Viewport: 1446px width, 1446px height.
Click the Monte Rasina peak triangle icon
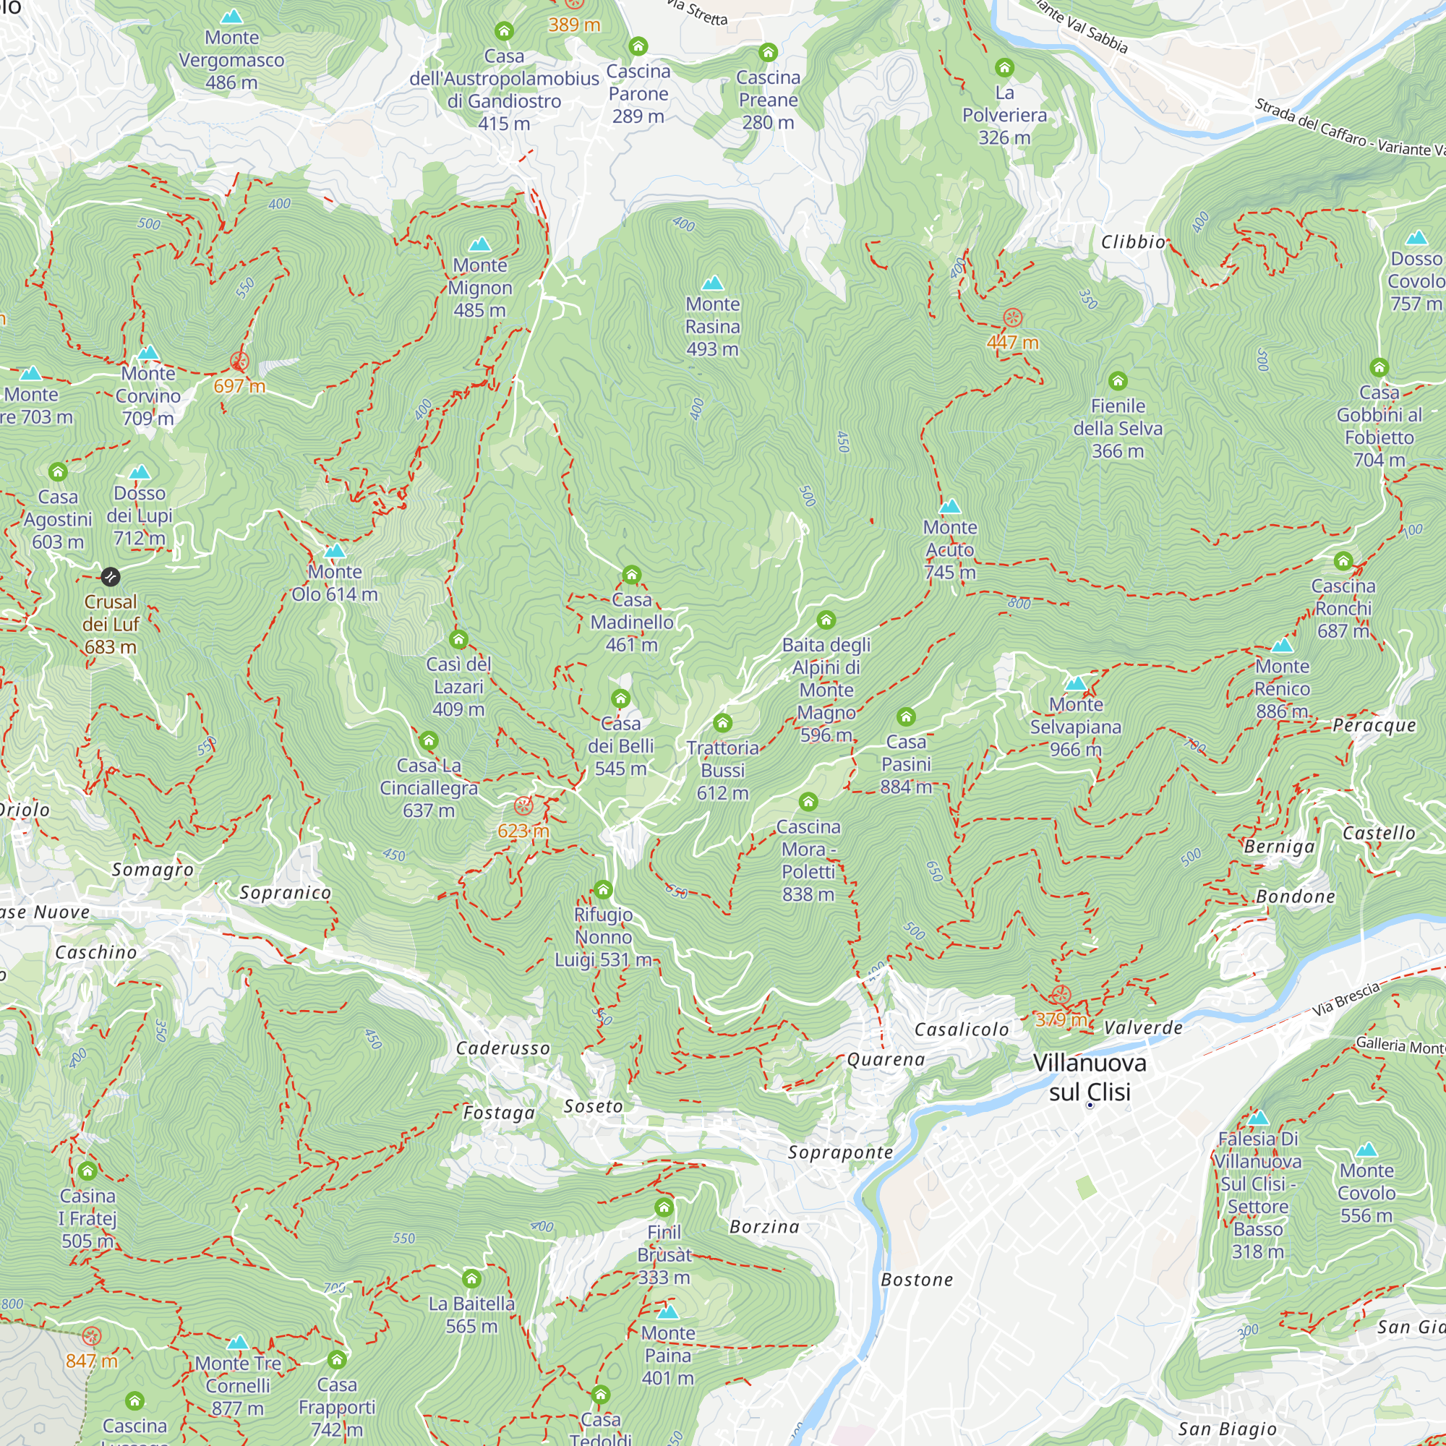coord(713,283)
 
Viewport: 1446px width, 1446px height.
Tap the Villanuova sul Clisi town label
coord(1089,1077)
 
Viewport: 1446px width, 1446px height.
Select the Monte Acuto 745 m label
coord(950,549)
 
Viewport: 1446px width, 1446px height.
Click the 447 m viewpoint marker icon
coord(1012,317)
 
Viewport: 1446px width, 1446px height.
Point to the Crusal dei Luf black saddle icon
coord(110,576)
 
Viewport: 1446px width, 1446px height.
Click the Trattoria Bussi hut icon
coord(722,722)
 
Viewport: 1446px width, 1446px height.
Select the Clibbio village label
coord(1133,241)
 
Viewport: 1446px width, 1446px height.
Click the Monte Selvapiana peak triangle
coord(1076,683)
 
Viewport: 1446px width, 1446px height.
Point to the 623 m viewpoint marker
coord(523,806)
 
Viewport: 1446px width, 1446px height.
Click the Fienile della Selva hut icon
coord(1118,381)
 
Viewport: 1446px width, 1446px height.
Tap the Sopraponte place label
coord(839,1152)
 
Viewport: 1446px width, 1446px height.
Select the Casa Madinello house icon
coord(632,575)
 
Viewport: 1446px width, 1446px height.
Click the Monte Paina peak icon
coord(667,1312)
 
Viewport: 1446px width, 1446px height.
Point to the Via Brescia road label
coord(1345,1000)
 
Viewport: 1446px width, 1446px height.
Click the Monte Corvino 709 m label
coord(148,395)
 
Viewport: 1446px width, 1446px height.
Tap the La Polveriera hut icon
coord(1004,68)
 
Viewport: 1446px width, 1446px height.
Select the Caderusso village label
coord(503,1048)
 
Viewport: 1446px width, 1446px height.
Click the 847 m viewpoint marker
coord(91,1336)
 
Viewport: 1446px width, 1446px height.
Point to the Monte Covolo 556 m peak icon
coord(1366,1149)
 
